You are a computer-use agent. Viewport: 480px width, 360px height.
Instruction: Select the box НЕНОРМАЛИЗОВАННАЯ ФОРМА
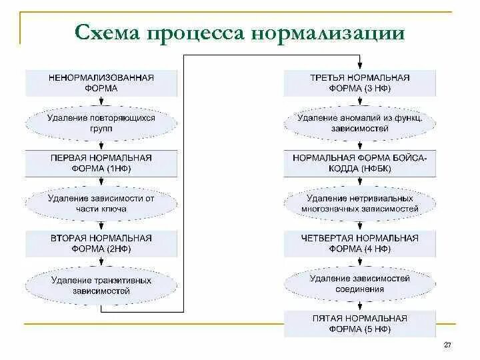pos(101,83)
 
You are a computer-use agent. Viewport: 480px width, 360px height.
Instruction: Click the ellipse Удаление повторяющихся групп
pos(101,123)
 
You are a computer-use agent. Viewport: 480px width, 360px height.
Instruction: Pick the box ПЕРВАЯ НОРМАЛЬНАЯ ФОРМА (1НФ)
pos(101,163)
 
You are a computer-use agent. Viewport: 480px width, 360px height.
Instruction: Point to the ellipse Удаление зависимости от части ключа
pos(101,203)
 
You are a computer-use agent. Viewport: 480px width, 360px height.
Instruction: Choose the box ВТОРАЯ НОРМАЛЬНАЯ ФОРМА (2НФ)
pos(101,243)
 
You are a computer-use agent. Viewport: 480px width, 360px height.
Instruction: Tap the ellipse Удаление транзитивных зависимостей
pos(101,285)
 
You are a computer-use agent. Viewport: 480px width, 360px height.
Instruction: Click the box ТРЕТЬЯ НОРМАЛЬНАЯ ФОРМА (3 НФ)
pos(360,83)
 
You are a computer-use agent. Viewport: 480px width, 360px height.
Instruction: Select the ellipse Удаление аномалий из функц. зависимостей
pos(360,123)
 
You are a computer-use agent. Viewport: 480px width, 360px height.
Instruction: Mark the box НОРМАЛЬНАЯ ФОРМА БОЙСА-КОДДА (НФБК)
pos(360,163)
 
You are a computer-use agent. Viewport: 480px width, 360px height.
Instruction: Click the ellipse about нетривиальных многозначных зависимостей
pos(360,203)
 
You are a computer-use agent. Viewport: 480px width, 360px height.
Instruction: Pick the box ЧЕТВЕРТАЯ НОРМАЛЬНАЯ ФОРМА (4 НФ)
pos(360,243)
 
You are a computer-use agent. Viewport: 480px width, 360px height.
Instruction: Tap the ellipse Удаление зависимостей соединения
pos(360,284)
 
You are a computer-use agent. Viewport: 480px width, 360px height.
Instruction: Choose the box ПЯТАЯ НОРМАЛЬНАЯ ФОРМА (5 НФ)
pos(360,324)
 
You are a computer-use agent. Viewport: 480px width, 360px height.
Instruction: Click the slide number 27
pos(447,345)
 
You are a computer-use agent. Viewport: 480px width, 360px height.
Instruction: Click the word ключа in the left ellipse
pos(114,209)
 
